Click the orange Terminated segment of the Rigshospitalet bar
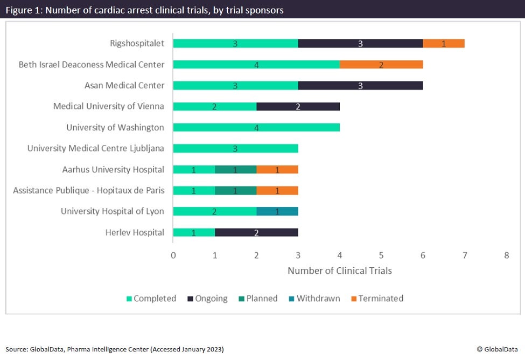pyautogui.click(x=444, y=44)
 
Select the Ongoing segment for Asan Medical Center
pyautogui.click(x=360, y=86)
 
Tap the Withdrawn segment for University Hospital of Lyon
pyautogui.click(x=277, y=212)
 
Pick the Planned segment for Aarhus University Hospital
pyautogui.click(x=235, y=170)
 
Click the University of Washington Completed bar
pyautogui.click(x=256, y=128)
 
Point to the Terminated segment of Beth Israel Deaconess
pyautogui.click(x=381, y=65)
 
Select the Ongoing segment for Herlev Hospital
pyautogui.click(x=256, y=233)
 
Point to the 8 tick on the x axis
pyautogui.click(x=506, y=255)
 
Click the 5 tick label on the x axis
pyautogui.click(x=381, y=255)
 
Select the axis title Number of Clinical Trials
pyautogui.click(x=339, y=271)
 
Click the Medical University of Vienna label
pyautogui.click(x=109, y=107)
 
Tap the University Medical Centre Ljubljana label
pyautogui.click(x=96, y=149)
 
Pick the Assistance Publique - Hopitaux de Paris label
pyautogui.click(x=89, y=191)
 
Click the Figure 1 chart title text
pyautogui.click(x=144, y=10)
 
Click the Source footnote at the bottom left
pyautogui.click(x=114, y=349)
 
